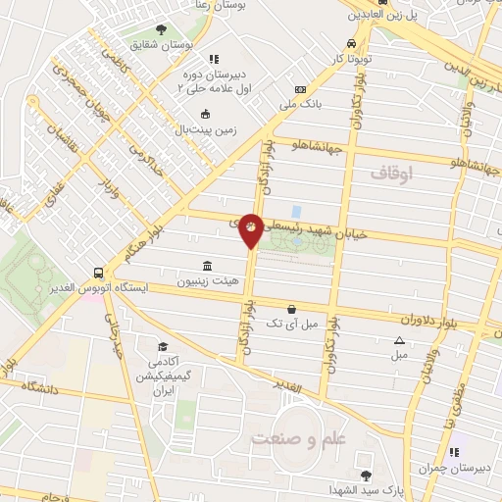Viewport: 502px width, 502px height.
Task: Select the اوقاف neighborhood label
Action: [394, 172]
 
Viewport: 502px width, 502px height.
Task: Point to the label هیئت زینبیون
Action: [179, 281]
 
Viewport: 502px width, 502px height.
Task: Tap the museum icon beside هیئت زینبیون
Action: [208, 266]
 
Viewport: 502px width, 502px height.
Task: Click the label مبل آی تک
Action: [293, 322]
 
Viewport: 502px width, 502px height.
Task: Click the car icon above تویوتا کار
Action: [352, 43]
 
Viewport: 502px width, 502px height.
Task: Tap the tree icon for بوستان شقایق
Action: [161, 28]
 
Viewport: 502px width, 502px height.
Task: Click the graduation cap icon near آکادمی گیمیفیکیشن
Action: [165, 347]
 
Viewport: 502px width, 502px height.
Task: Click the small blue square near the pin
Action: [295, 211]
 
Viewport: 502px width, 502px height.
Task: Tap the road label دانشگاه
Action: [38, 389]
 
